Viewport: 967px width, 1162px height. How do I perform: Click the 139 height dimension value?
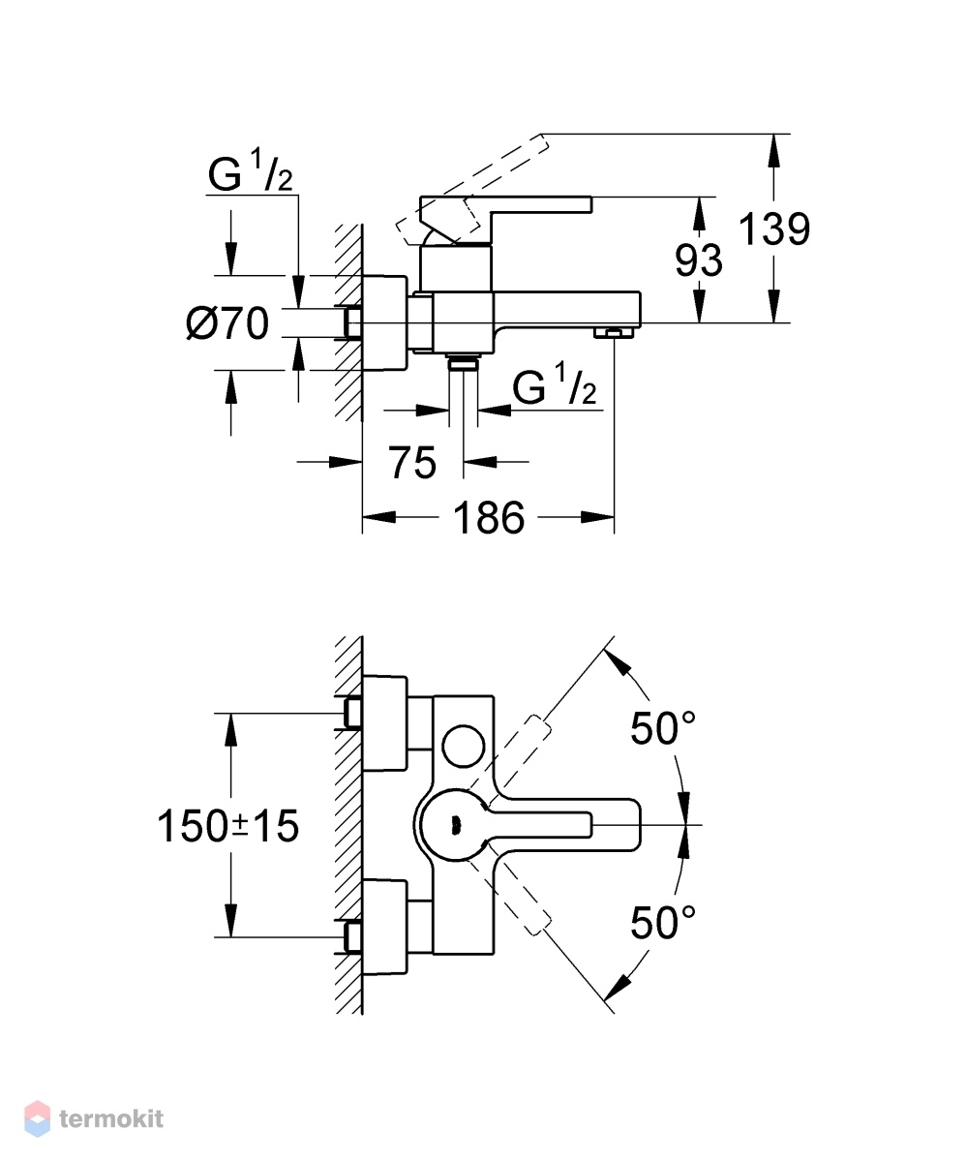(774, 229)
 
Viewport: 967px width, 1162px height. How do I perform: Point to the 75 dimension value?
(412, 463)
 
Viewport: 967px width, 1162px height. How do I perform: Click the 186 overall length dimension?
(489, 517)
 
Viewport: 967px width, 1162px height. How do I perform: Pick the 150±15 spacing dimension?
(228, 826)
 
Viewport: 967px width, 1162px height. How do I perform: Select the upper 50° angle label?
(663, 728)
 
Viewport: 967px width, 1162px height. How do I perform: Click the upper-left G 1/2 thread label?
(251, 171)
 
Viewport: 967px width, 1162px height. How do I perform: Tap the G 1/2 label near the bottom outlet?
(554, 383)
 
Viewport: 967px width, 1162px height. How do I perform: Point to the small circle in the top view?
(464, 746)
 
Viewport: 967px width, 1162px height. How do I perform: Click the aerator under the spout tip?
(614, 333)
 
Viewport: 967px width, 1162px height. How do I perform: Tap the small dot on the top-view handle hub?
(456, 825)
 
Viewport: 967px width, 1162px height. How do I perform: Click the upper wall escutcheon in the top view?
(384, 723)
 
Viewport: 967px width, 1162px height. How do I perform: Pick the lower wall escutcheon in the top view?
(384, 927)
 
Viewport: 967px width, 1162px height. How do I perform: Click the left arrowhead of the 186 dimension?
(378, 517)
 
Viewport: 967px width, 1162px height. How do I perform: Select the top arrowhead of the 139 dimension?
(773, 151)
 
